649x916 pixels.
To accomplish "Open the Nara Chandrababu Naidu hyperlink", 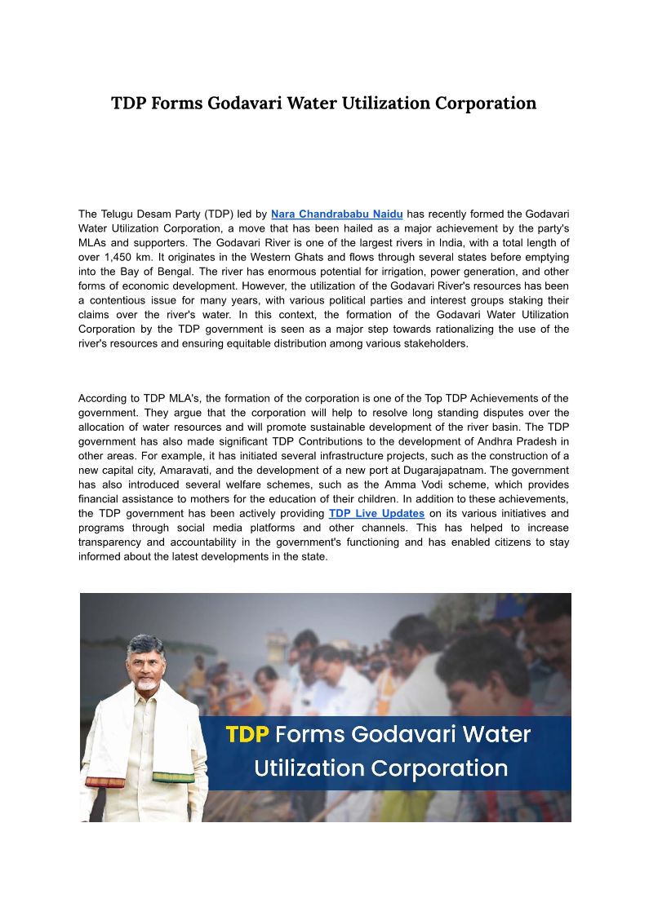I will pyautogui.click(x=336, y=214).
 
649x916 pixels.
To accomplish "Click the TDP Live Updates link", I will pyautogui.click(x=376, y=513).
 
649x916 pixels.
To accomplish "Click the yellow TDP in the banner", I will pyautogui.click(x=247, y=734).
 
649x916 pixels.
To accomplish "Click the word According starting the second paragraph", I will pyautogui.click(x=104, y=398).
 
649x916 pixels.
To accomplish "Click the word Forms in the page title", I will pyautogui.click(x=176, y=104).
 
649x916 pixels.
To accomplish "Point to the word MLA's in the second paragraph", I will pyautogui.click(x=189, y=398).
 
